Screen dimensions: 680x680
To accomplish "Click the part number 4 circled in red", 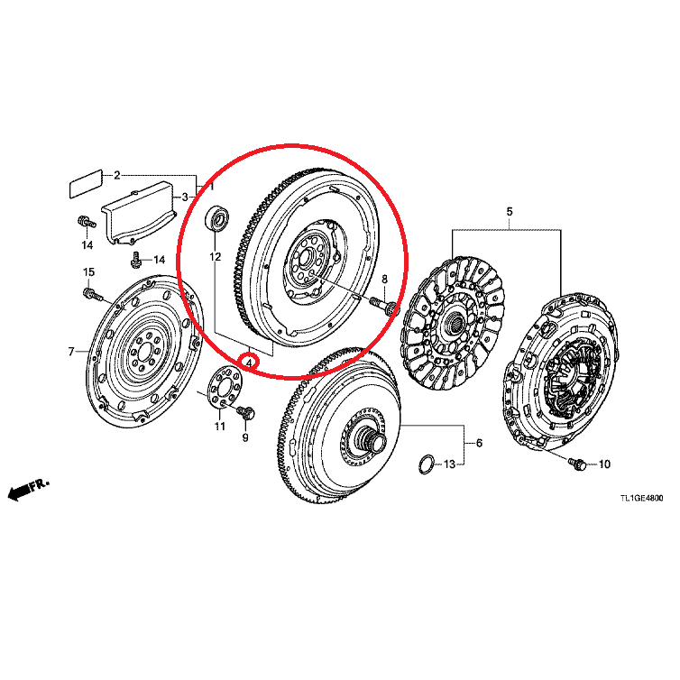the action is coord(249,362).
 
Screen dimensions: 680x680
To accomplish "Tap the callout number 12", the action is coord(216,257).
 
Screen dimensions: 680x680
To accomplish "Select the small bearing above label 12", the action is coord(216,218).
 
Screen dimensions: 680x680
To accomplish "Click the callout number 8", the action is coord(384,280).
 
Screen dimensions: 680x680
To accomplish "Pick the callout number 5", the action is coord(510,212).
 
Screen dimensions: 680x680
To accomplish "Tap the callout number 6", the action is coord(479,443).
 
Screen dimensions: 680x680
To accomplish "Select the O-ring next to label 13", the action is coord(427,464).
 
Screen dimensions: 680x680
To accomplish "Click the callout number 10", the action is coord(604,464).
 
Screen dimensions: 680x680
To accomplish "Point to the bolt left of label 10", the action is coord(577,464).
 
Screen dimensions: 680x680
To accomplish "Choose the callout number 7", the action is coord(71,352).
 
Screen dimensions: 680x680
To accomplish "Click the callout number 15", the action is coord(88,272).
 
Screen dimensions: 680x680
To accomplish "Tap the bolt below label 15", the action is coord(93,294).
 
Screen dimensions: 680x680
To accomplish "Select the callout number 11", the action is coord(220,427).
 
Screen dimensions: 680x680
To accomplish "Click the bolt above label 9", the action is coord(246,412).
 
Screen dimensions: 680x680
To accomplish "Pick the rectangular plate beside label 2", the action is coord(87,183).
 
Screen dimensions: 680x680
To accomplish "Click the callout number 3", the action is coord(185,198).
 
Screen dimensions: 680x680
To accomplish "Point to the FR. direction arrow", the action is coord(29,489).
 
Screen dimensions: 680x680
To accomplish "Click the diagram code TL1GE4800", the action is coord(641,499).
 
